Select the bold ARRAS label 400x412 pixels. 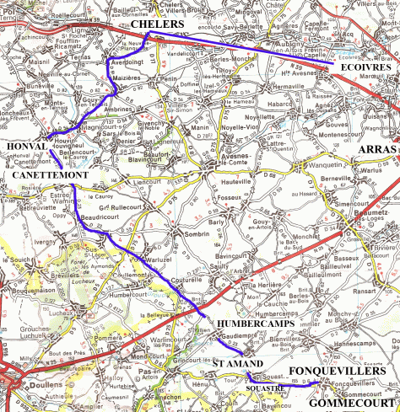click(377, 149)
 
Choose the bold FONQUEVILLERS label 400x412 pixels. click(337, 371)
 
